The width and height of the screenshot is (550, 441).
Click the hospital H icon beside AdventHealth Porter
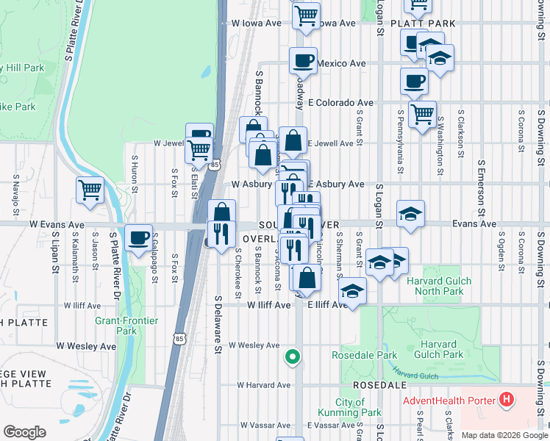506,400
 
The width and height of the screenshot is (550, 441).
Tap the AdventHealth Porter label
449,401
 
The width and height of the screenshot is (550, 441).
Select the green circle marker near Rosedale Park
293,357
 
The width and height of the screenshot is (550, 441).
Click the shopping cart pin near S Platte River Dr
90,190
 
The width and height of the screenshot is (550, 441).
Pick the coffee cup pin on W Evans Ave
138,238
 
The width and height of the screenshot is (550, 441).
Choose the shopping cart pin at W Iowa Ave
306,15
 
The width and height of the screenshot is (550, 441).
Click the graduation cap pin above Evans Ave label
410,213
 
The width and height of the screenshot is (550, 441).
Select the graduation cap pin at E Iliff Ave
352,291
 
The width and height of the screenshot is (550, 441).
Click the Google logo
24,432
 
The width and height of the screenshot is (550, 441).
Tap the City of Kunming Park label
358,407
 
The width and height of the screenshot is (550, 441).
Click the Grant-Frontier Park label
116,326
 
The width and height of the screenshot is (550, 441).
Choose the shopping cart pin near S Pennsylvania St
422,115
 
